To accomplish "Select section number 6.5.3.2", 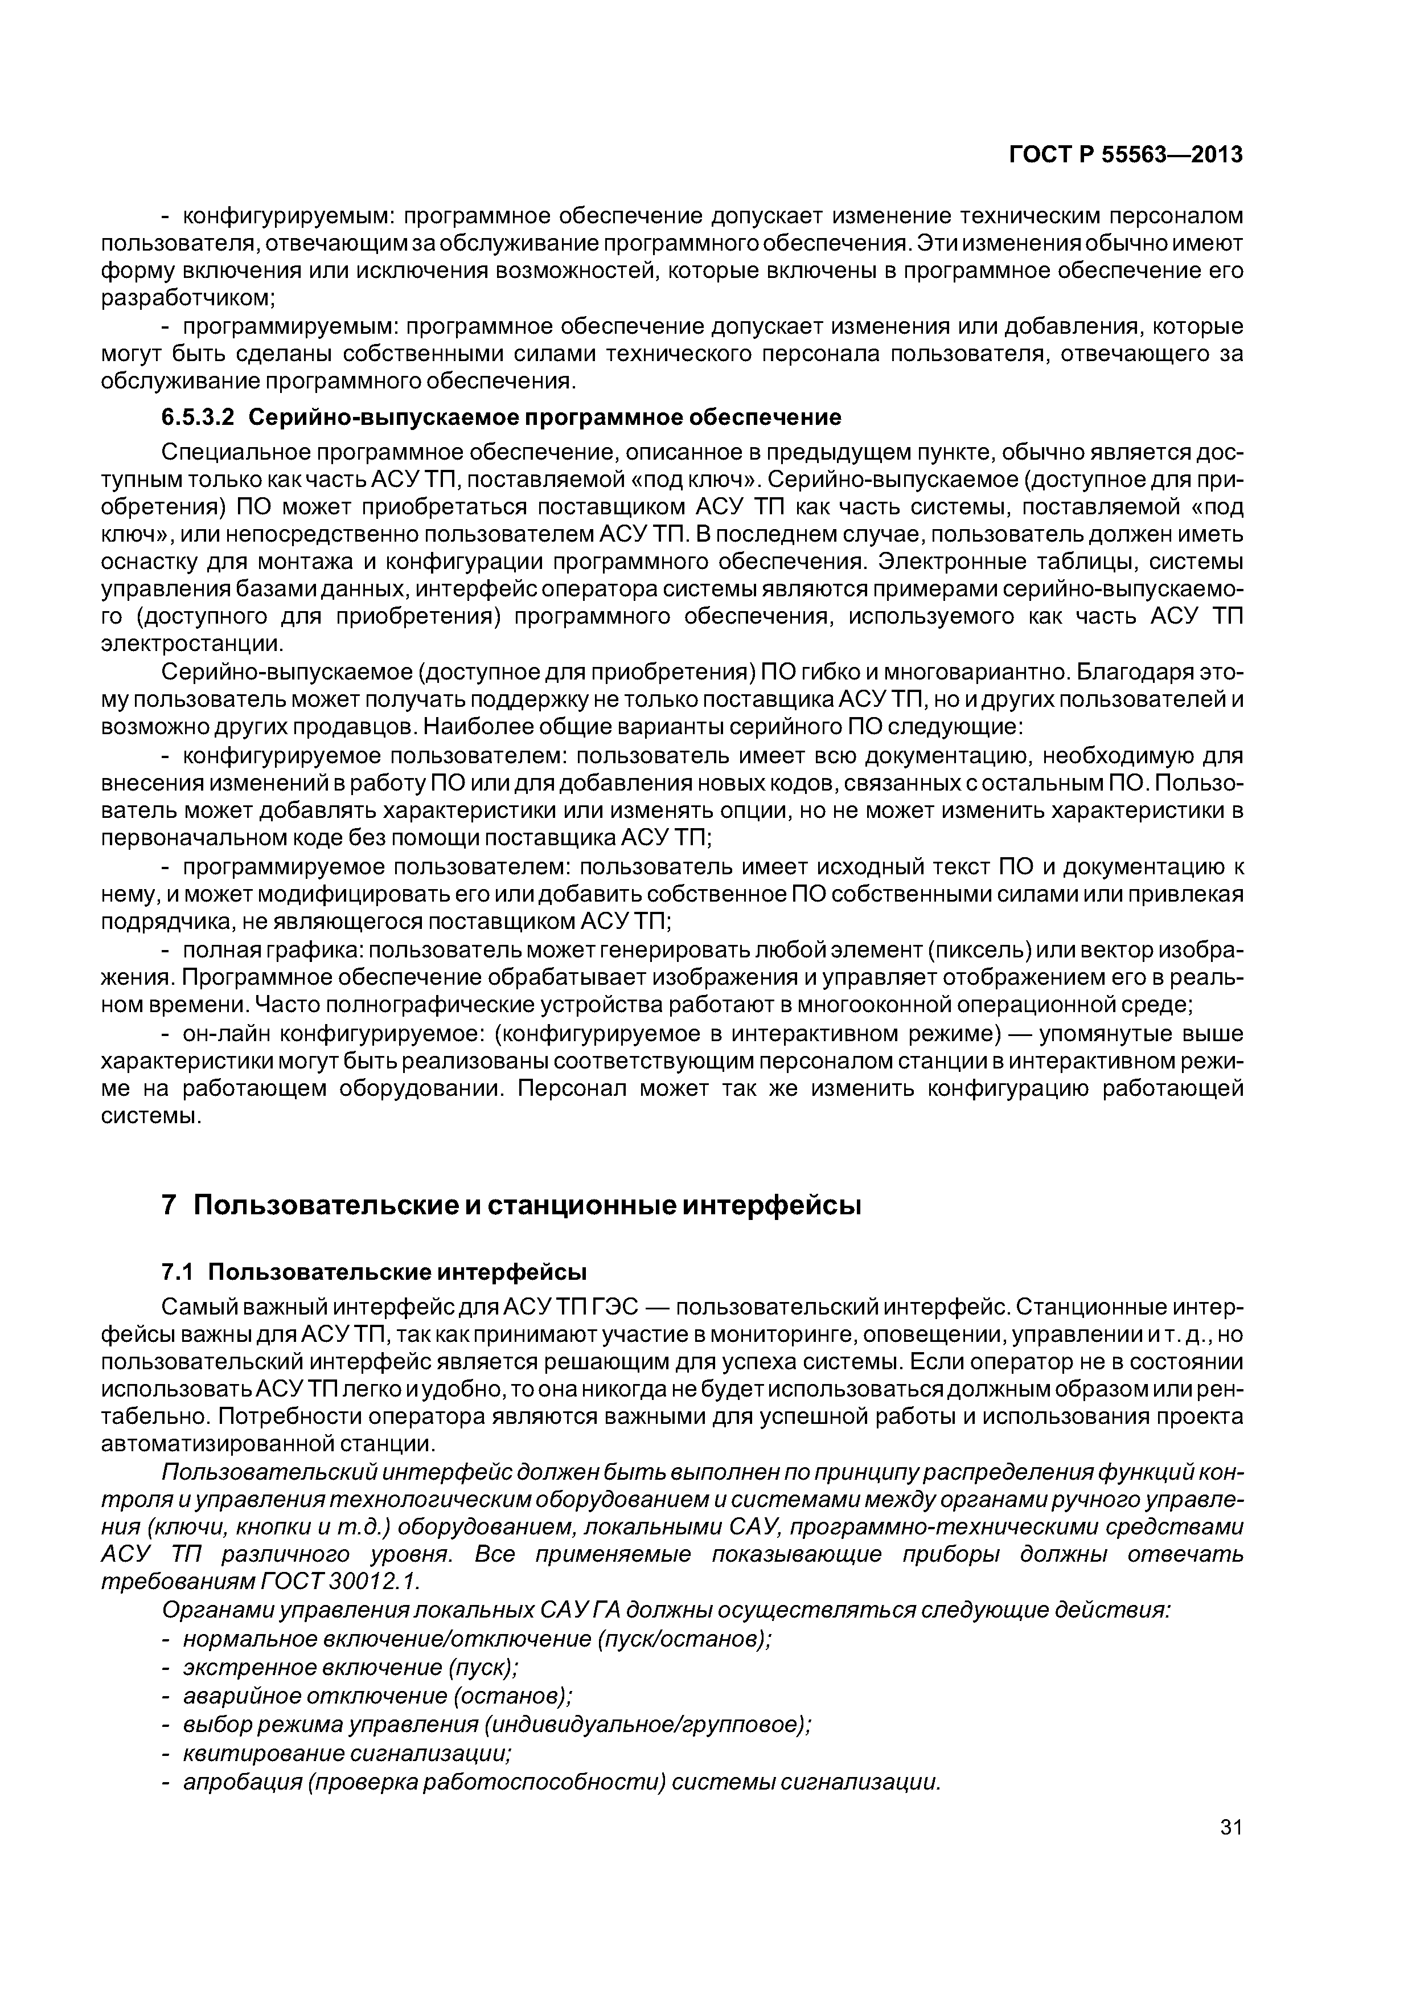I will pyautogui.click(x=198, y=417).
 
